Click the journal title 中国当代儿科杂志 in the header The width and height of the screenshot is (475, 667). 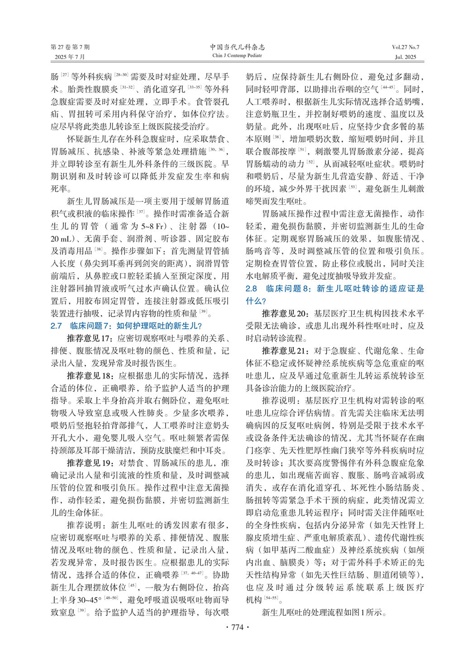point(237,47)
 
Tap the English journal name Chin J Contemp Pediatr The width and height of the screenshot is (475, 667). point(237,56)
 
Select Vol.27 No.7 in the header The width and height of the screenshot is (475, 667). point(405,47)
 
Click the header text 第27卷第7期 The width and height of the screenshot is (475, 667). point(70,47)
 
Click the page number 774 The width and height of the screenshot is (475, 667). point(237,627)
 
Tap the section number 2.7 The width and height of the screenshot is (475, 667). point(56,326)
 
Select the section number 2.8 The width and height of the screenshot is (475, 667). point(251,288)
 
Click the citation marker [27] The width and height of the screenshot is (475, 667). point(65,75)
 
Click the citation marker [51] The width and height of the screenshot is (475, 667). point(302,150)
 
